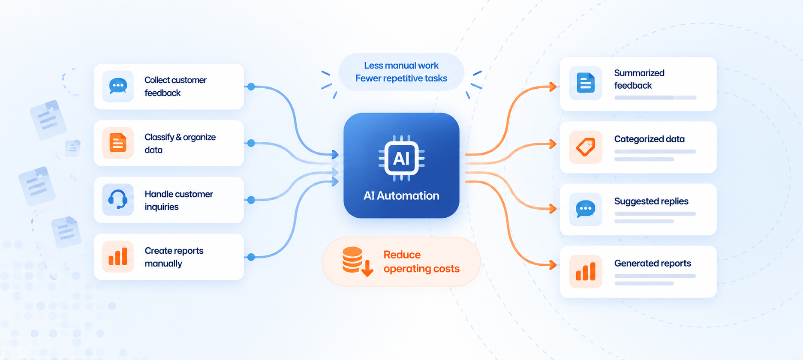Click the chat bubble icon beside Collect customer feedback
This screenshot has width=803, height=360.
click(x=118, y=86)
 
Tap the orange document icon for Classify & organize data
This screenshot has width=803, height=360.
click(x=118, y=143)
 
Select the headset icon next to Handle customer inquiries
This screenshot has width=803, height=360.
click(x=118, y=199)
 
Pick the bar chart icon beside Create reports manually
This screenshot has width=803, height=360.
click(x=118, y=256)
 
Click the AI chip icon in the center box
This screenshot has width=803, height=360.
click(x=401, y=159)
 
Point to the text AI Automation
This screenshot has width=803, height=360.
click(x=401, y=195)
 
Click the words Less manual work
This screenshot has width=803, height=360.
click(x=401, y=66)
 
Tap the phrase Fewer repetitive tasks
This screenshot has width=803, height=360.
click(x=401, y=78)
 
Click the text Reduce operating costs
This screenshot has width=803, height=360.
click(x=421, y=261)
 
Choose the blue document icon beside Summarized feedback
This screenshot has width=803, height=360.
click(x=586, y=83)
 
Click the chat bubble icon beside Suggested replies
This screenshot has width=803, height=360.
click(x=586, y=209)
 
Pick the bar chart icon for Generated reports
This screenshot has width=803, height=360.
click(x=586, y=271)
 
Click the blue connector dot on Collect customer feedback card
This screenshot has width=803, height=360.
click(x=251, y=87)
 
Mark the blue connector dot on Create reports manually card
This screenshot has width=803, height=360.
click(x=251, y=257)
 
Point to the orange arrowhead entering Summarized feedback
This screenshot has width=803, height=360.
click(x=553, y=87)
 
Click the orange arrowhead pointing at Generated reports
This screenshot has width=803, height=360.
click(x=553, y=265)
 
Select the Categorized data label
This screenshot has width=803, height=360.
click(x=649, y=139)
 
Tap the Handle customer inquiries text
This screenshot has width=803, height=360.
click(x=179, y=200)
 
